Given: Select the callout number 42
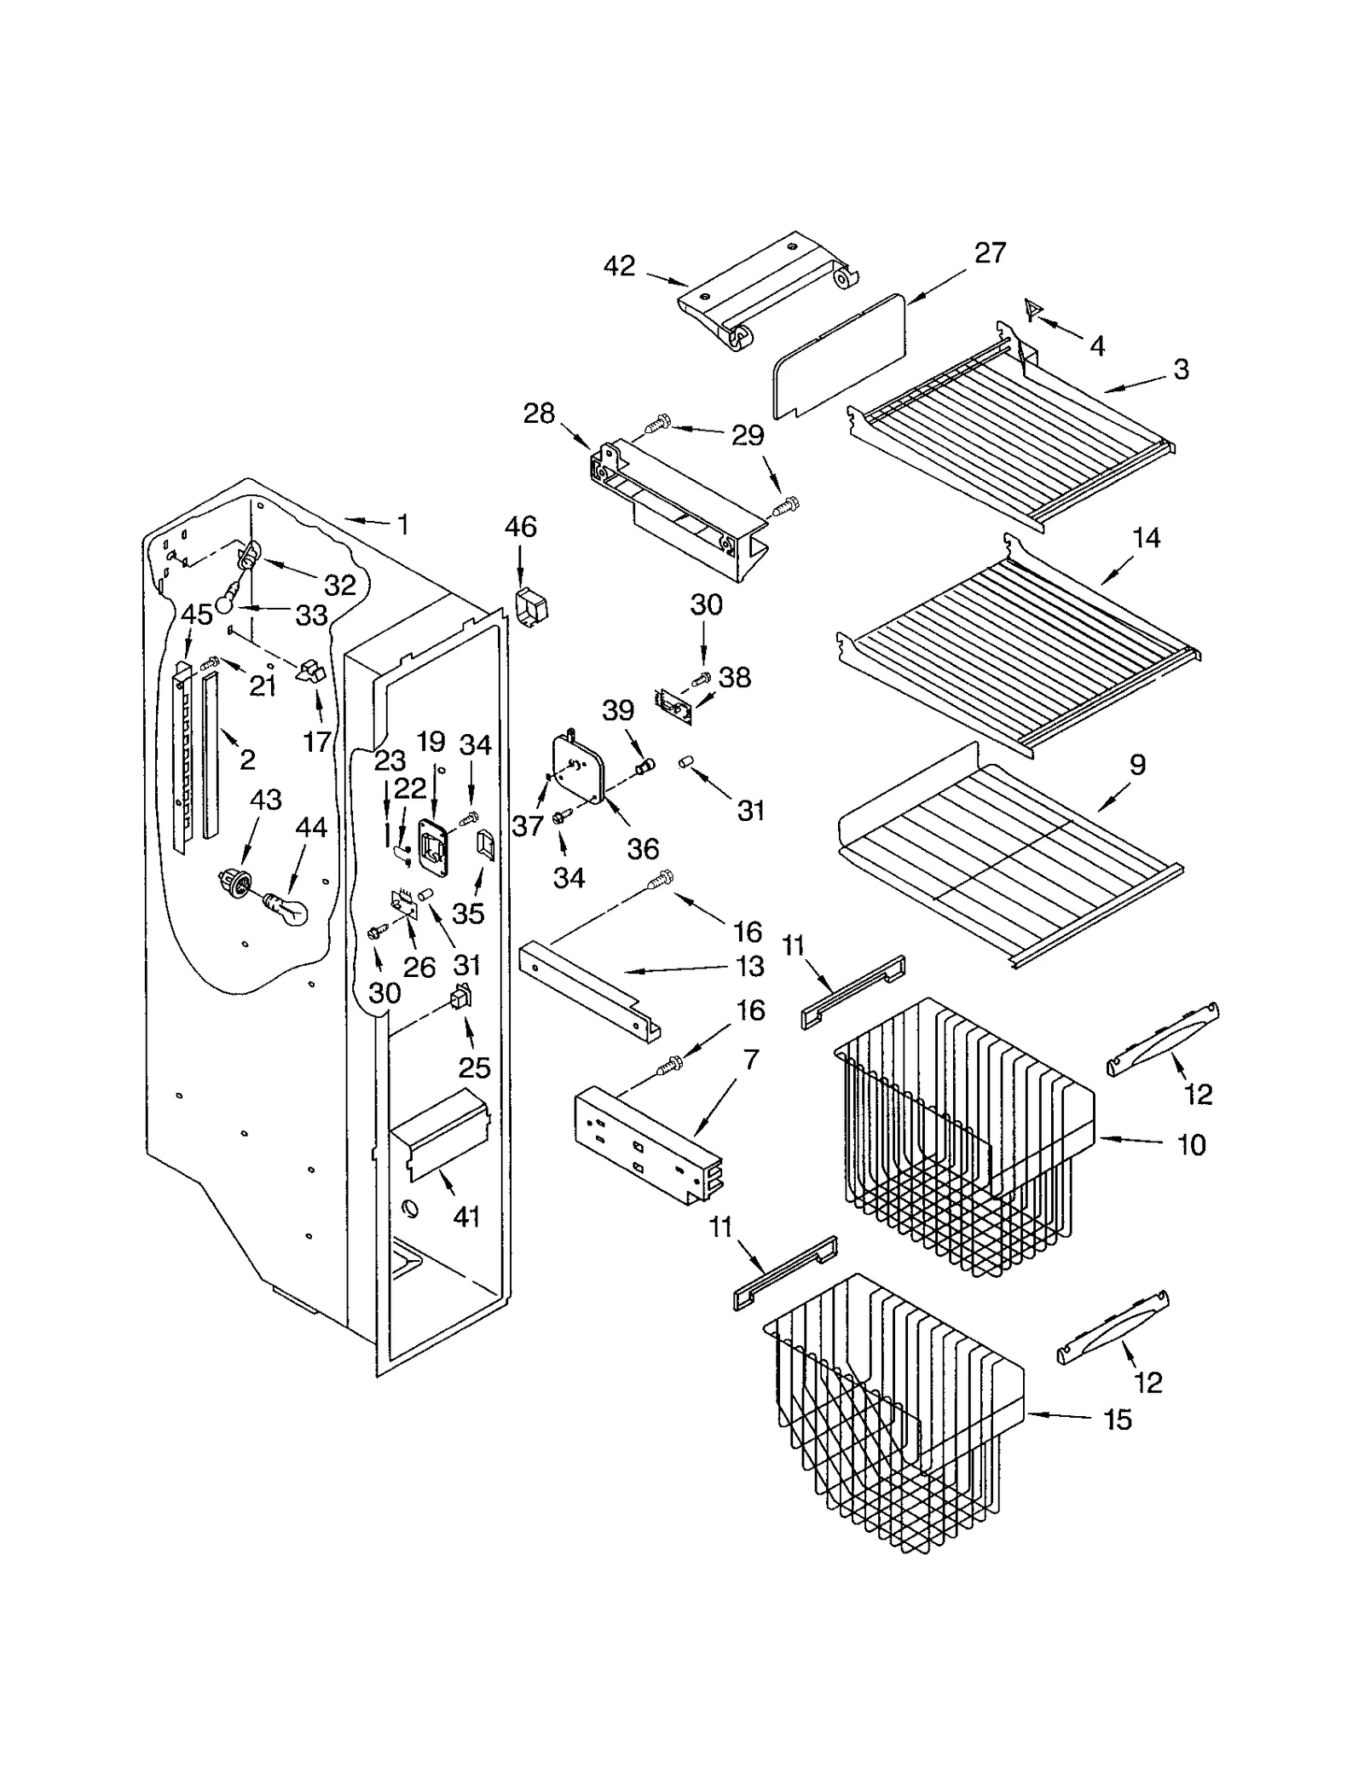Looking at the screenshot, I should pyautogui.click(x=619, y=267).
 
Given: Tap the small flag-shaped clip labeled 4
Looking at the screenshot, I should pyautogui.click(x=1032, y=309).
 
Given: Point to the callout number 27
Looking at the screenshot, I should pyautogui.click(x=990, y=253).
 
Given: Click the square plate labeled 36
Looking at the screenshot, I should pyautogui.click(x=581, y=766).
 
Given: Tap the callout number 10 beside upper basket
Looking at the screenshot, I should pyautogui.click(x=1191, y=1144).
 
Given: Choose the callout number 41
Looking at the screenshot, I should pyautogui.click(x=466, y=1217).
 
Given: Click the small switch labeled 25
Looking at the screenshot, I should pyautogui.click(x=461, y=997).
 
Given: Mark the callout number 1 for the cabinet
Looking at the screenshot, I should pyautogui.click(x=402, y=524).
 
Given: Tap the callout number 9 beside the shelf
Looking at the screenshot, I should pyautogui.click(x=1137, y=765).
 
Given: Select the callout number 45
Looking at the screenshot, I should pyautogui.click(x=197, y=615).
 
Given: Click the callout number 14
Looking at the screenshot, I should pyautogui.click(x=1146, y=538).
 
